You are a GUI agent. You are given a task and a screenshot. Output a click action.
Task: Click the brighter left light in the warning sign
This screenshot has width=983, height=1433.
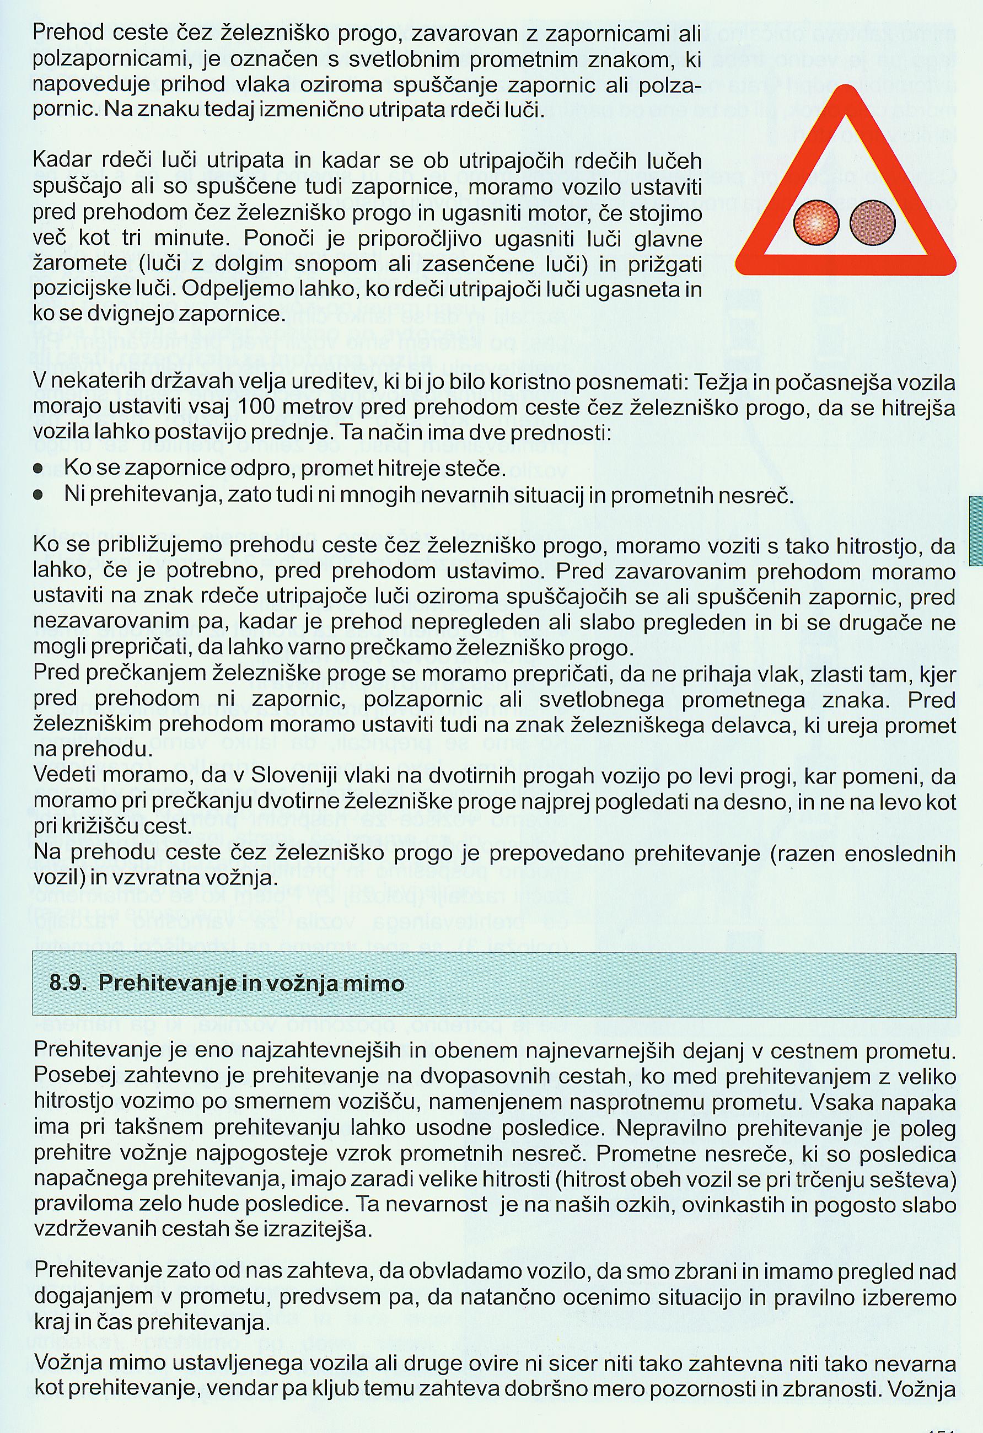pos(817,223)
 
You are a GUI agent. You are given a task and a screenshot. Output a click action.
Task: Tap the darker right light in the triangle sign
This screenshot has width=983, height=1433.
pos(872,223)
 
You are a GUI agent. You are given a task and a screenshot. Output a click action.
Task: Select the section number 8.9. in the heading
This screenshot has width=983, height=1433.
pos(68,983)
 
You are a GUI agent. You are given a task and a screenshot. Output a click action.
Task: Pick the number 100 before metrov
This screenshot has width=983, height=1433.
pos(255,407)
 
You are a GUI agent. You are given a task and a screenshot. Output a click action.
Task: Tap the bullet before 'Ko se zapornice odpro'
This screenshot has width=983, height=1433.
pos(39,469)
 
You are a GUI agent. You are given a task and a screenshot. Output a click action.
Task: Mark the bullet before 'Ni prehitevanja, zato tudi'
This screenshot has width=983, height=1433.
pos(39,495)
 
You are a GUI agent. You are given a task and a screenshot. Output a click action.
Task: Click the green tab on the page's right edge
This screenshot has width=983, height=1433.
pos(976,530)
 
